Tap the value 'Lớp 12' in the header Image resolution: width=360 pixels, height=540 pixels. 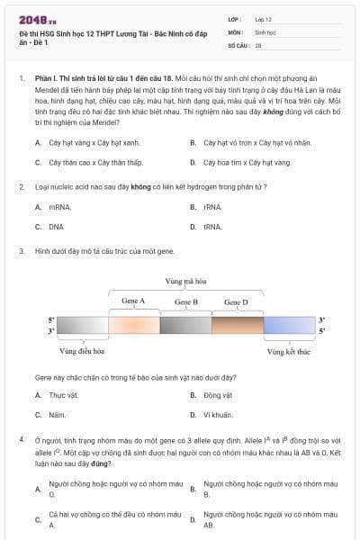point(264,19)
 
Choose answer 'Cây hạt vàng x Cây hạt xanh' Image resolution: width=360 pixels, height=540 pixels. point(93,142)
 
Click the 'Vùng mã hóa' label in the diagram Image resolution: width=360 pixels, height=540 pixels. point(185,282)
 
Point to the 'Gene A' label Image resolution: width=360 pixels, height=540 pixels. point(133,301)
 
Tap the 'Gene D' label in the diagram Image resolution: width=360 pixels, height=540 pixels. point(236,301)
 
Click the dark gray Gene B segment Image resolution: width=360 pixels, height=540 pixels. point(185,326)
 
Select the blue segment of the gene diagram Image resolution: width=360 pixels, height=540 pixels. point(289,326)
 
